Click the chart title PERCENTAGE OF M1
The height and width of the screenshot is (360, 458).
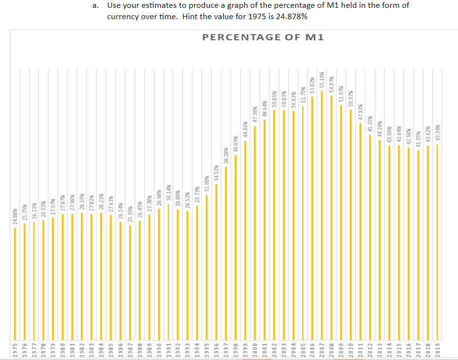click(263, 37)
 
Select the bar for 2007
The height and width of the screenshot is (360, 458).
click(322, 216)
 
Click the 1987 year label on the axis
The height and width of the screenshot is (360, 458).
click(130, 348)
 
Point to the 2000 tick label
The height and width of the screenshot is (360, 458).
click(255, 348)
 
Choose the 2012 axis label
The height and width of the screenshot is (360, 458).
click(370, 348)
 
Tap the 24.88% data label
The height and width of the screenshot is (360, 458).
click(15, 217)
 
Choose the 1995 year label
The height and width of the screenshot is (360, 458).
click(207, 348)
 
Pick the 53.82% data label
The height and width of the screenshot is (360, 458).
click(313, 86)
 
